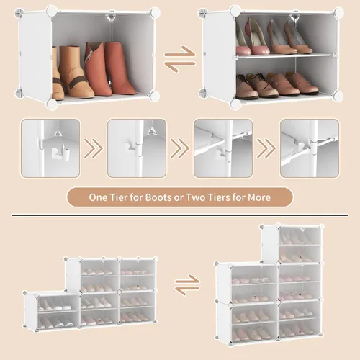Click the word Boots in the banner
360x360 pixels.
159,197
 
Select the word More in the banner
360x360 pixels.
259,197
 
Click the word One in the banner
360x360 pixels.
98,197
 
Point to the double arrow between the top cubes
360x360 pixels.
180,59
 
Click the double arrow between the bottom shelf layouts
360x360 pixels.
187,284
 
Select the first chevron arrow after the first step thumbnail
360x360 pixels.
94,148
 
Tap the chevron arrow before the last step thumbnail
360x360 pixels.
266,148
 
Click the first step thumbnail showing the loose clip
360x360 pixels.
50,148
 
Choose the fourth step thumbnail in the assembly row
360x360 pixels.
310,148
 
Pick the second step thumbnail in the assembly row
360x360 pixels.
137,148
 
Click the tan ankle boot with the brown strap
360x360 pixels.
76,72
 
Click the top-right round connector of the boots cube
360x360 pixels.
155,12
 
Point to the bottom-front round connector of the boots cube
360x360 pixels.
52,104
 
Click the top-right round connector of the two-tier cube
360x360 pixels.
338,12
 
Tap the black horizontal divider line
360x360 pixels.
180,215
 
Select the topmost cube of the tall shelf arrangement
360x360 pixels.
292,243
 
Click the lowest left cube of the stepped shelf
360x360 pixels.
52,312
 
